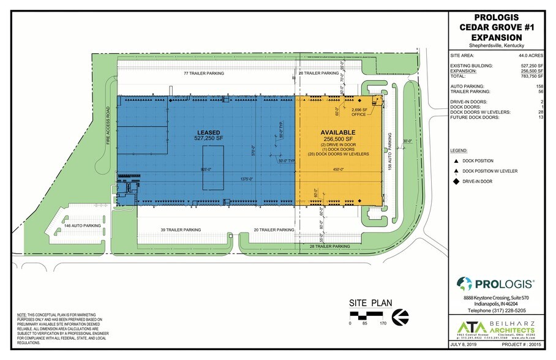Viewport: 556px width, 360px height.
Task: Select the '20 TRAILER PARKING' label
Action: pyautogui.click(x=274, y=230)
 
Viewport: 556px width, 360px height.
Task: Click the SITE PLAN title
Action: pyautogui.click(x=369, y=302)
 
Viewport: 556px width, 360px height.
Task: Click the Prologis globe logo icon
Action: pyautogui.click(x=464, y=283)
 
